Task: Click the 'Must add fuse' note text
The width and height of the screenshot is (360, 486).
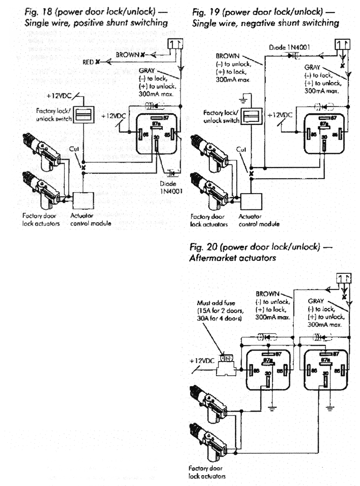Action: [213, 303]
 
